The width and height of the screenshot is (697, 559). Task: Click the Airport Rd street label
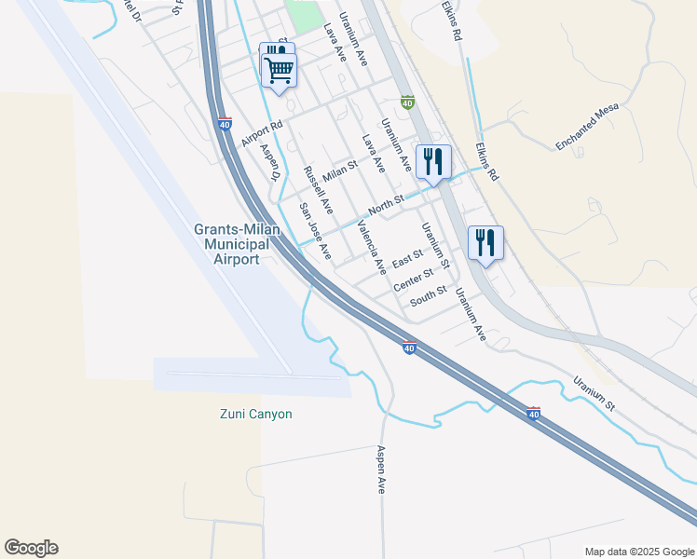pyautogui.click(x=261, y=134)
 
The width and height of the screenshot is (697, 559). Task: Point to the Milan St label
pyautogui.click(x=340, y=170)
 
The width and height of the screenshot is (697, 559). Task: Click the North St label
pyautogui.click(x=386, y=201)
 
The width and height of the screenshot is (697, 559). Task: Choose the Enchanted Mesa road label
pyautogui.click(x=587, y=128)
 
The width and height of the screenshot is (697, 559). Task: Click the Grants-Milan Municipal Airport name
pyautogui.click(x=232, y=245)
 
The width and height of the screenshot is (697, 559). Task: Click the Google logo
pyautogui.click(x=31, y=548)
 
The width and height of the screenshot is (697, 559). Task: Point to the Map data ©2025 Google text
pyautogui.click(x=638, y=552)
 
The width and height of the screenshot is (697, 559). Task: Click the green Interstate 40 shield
pyautogui.click(x=407, y=102)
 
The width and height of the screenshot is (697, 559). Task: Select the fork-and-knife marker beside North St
pyautogui.click(x=433, y=161)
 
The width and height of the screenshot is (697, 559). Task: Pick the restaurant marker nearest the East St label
pyautogui.click(x=485, y=242)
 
